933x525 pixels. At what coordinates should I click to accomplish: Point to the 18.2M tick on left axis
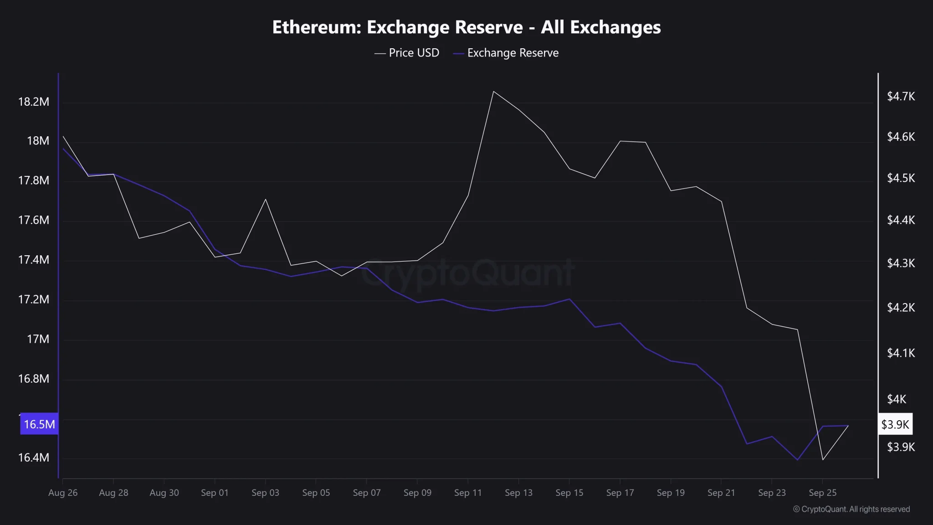point(33,102)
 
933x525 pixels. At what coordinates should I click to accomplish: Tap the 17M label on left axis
point(38,339)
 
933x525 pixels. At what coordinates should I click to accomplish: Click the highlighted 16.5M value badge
point(39,424)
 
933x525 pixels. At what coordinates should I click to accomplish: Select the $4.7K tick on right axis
point(901,97)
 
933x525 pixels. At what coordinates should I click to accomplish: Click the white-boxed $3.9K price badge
point(895,424)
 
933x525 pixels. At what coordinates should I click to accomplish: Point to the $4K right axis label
point(897,399)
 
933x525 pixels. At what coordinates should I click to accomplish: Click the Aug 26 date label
point(63,493)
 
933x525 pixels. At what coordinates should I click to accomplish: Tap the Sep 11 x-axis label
point(468,493)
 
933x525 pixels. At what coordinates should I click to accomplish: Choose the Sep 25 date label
point(822,493)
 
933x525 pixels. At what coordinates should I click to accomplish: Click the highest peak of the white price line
point(494,91)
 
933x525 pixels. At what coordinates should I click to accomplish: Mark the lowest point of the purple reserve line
point(797,460)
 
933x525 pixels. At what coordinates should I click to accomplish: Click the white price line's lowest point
point(823,460)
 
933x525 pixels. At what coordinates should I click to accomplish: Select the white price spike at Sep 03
point(266,199)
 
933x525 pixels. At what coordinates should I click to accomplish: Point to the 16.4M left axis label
point(33,458)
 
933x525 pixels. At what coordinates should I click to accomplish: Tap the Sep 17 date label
point(620,493)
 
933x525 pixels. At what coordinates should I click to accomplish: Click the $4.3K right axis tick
point(901,263)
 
